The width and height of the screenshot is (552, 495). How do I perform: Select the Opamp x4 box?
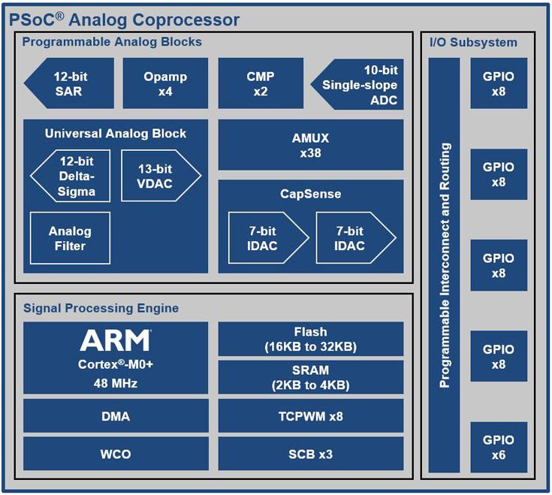(x=165, y=83)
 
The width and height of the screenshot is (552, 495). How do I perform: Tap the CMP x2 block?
(x=261, y=83)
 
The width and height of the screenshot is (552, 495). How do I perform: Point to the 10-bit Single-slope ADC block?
(x=359, y=83)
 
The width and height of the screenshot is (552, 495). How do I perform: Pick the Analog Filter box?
(x=70, y=238)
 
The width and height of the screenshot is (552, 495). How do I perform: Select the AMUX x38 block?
(x=310, y=145)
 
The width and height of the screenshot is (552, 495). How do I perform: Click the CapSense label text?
(x=310, y=194)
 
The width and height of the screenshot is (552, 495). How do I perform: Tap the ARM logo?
(x=115, y=340)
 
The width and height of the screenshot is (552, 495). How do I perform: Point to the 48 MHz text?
(x=115, y=382)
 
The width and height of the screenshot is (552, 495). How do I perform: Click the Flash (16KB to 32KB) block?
(x=310, y=339)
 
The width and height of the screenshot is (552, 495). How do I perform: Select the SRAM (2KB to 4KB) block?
(x=310, y=377)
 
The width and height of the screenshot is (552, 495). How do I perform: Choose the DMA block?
(x=115, y=415)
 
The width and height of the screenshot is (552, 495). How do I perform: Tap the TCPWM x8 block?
(x=310, y=415)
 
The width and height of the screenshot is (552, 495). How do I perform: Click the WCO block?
(x=115, y=454)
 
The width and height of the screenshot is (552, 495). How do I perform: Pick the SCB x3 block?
(x=310, y=454)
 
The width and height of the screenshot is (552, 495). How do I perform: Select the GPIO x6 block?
(x=499, y=447)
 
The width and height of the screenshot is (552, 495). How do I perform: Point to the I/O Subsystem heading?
(x=473, y=42)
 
